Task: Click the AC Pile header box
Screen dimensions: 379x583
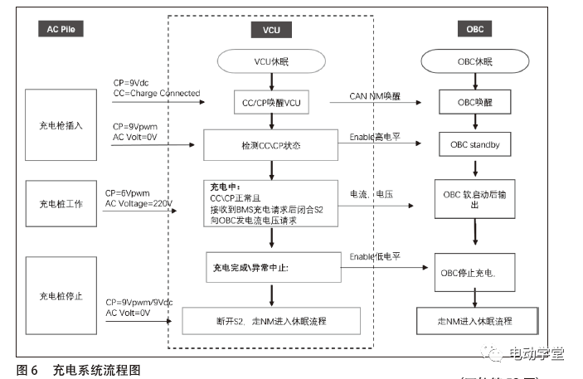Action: click(x=61, y=31)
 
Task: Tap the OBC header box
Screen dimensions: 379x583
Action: click(x=475, y=31)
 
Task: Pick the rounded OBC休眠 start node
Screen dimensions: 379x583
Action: click(x=474, y=61)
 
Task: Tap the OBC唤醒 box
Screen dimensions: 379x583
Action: click(x=475, y=104)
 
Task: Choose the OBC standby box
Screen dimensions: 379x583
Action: click(x=475, y=145)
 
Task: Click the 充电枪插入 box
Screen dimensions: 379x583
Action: click(x=61, y=125)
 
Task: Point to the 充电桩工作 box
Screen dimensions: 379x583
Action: click(x=61, y=203)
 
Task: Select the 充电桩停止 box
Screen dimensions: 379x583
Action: click(x=61, y=294)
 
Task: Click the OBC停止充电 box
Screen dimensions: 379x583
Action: click(x=475, y=270)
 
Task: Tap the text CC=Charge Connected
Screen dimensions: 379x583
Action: click(x=157, y=94)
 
